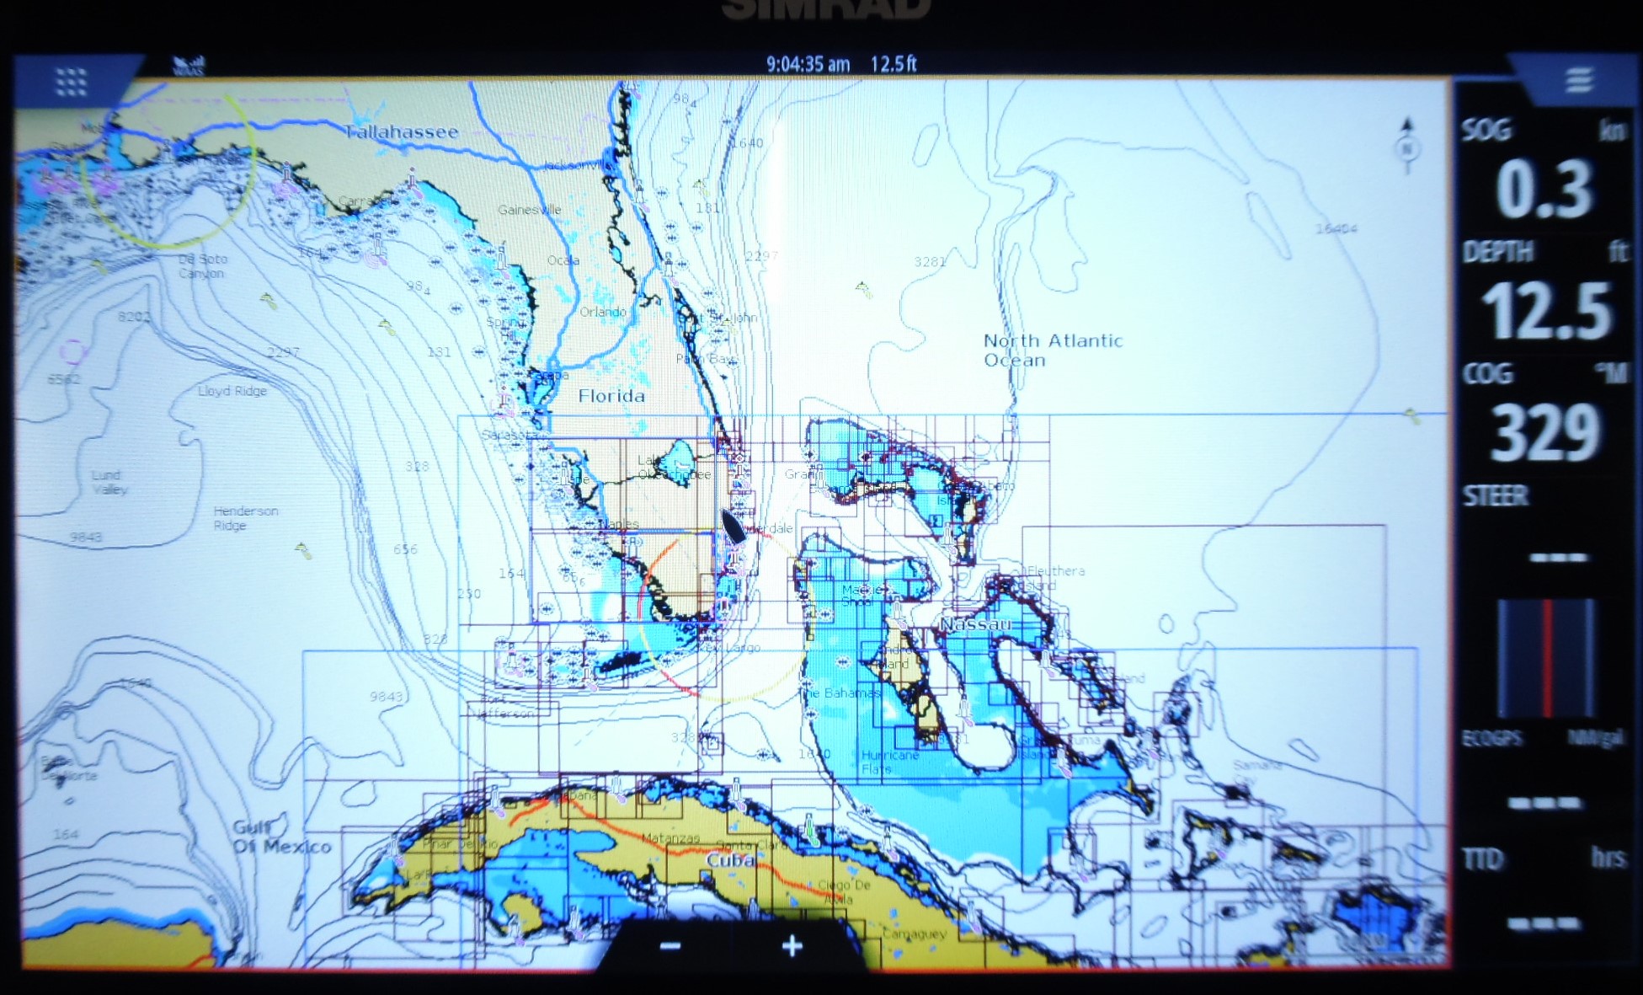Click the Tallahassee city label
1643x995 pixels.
coord(401,131)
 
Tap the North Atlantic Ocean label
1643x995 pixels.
coord(1052,350)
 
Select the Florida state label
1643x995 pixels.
coord(611,395)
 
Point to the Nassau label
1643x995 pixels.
coord(974,624)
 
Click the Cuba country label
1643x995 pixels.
coord(729,860)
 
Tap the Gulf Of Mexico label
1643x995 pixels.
coord(281,837)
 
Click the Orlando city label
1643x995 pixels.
coord(602,312)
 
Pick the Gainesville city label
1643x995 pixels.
coord(529,210)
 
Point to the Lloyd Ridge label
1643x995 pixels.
coord(232,391)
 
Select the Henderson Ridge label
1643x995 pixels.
coord(244,517)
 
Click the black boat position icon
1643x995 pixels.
coord(732,526)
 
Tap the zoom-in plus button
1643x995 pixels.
coord(792,946)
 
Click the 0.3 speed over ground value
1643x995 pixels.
coord(1544,190)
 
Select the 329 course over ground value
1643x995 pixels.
coord(1545,433)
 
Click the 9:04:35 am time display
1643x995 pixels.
coord(807,64)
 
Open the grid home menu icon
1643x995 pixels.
coord(71,82)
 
